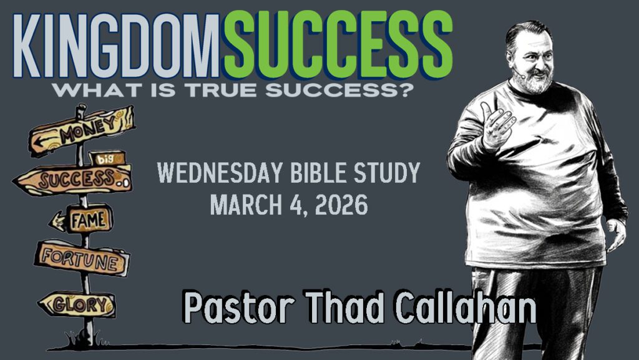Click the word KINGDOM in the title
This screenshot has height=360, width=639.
117,46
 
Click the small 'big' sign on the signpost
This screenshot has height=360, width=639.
107,158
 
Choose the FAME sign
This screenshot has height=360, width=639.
82,219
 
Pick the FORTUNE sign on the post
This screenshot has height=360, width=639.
82,258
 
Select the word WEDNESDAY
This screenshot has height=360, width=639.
220,173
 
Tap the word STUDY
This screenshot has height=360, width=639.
387,173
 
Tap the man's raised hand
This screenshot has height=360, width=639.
497,122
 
